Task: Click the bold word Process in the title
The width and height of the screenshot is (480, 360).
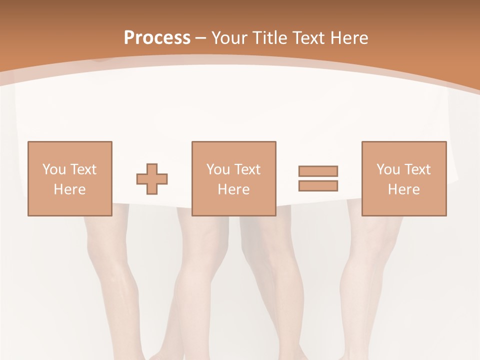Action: pos(157,37)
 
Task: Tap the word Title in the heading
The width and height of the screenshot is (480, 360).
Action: pos(270,37)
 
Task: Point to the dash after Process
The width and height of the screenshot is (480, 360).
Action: pos(200,38)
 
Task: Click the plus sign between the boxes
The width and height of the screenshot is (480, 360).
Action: pos(152,179)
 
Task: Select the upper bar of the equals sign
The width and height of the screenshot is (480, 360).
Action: pos(318,171)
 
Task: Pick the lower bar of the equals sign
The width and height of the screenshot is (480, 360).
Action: pos(318,185)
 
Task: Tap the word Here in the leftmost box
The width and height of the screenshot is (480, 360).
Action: pos(69,189)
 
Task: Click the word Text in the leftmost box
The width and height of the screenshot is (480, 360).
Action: pos(83,169)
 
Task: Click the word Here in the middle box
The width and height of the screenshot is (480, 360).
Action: pos(233,189)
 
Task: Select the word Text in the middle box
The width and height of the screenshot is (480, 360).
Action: pos(247,169)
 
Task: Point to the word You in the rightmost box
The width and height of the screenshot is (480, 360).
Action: pos(388,169)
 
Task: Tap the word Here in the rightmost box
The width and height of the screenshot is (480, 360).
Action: pos(403,189)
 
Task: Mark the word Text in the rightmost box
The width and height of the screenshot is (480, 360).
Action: pos(417,169)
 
